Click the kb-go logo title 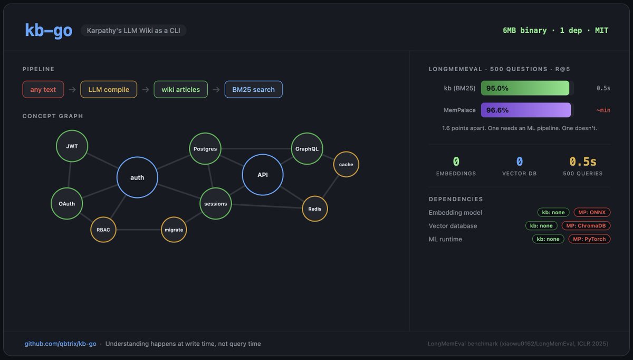(x=49, y=30)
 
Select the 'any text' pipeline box (x=43, y=89)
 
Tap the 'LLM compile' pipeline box (x=109, y=89)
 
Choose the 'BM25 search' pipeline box (x=254, y=89)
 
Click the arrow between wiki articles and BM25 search (x=216, y=90)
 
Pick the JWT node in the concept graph (x=72, y=146)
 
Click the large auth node (x=137, y=177)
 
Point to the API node (x=263, y=175)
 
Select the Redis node (x=315, y=209)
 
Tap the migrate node (x=174, y=230)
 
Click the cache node (x=346, y=164)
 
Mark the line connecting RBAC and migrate (x=138, y=230)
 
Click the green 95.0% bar (x=525, y=88)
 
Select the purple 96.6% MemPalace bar (x=526, y=110)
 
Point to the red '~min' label (x=603, y=110)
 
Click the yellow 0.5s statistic (x=583, y=162)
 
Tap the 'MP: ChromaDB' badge (x=586, y=226)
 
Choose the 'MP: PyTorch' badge (x=589, y=239)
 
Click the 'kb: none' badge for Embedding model (x=553, y=212)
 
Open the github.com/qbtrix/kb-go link (x=60, y=344)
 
